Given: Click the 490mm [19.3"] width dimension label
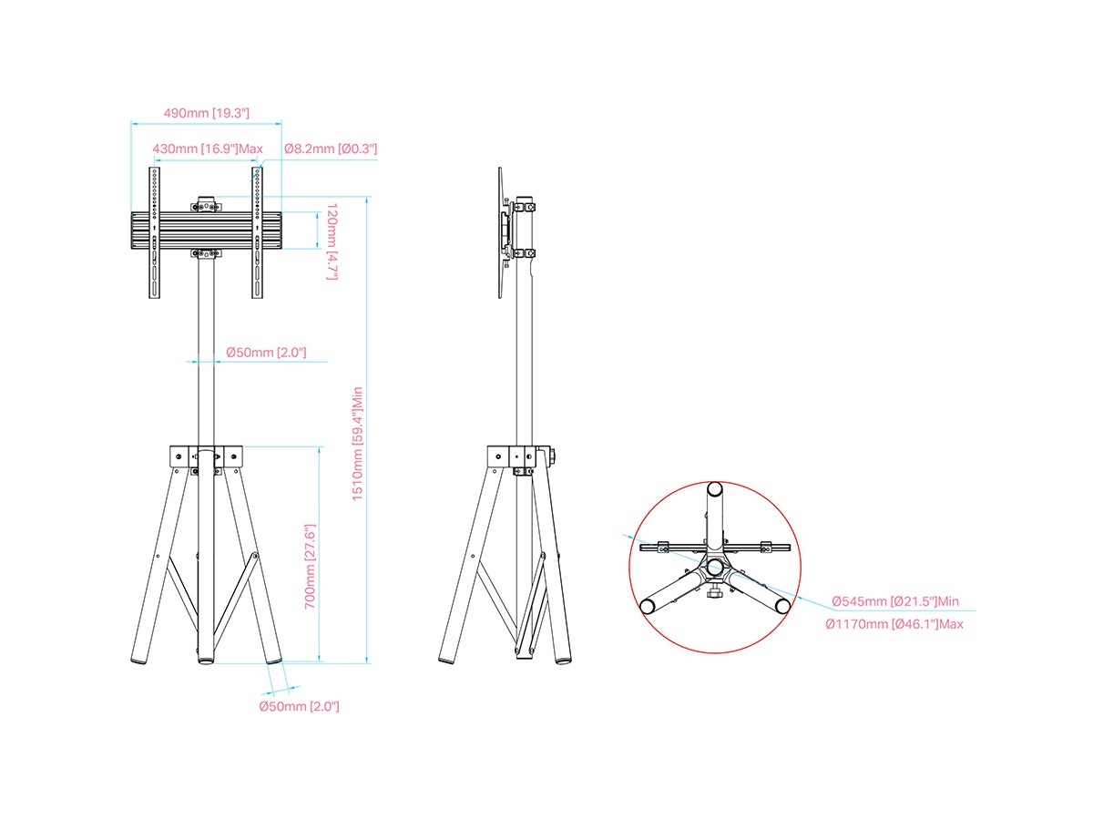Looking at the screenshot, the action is tap(206, 113).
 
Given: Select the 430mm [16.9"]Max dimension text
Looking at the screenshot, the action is tap(207, 149).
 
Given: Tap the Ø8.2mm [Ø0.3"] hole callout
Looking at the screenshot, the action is tap(331, 149).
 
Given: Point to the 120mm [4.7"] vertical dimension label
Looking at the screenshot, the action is tap(332, 241).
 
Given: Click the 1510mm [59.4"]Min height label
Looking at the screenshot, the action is tap(358, 444).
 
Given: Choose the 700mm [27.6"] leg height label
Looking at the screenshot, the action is tap(310, 567).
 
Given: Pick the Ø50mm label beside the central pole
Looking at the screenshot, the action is tap(266, 353).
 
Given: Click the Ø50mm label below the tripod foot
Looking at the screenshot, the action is tap(299, 706).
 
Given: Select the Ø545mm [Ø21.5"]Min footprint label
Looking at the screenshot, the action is tap(894, 601).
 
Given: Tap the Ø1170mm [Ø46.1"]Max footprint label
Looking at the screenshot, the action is tap(894, 624).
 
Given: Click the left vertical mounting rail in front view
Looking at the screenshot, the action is tap(154, 232).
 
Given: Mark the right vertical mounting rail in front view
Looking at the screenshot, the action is tap(257, 232).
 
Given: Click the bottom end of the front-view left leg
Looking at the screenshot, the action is tap(139, 661).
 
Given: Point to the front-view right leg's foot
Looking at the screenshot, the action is tap(274, 661).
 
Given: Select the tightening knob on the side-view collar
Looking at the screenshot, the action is tap(552, 456).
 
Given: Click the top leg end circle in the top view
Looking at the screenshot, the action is tap(715, 488).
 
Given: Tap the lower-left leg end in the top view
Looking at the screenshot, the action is tap(647, 607).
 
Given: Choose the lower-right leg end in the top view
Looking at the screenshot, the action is tap(782, 606).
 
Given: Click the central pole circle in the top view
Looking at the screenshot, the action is tap(715, 566).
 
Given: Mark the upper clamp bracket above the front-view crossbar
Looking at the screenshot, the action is tap(206, 204).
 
